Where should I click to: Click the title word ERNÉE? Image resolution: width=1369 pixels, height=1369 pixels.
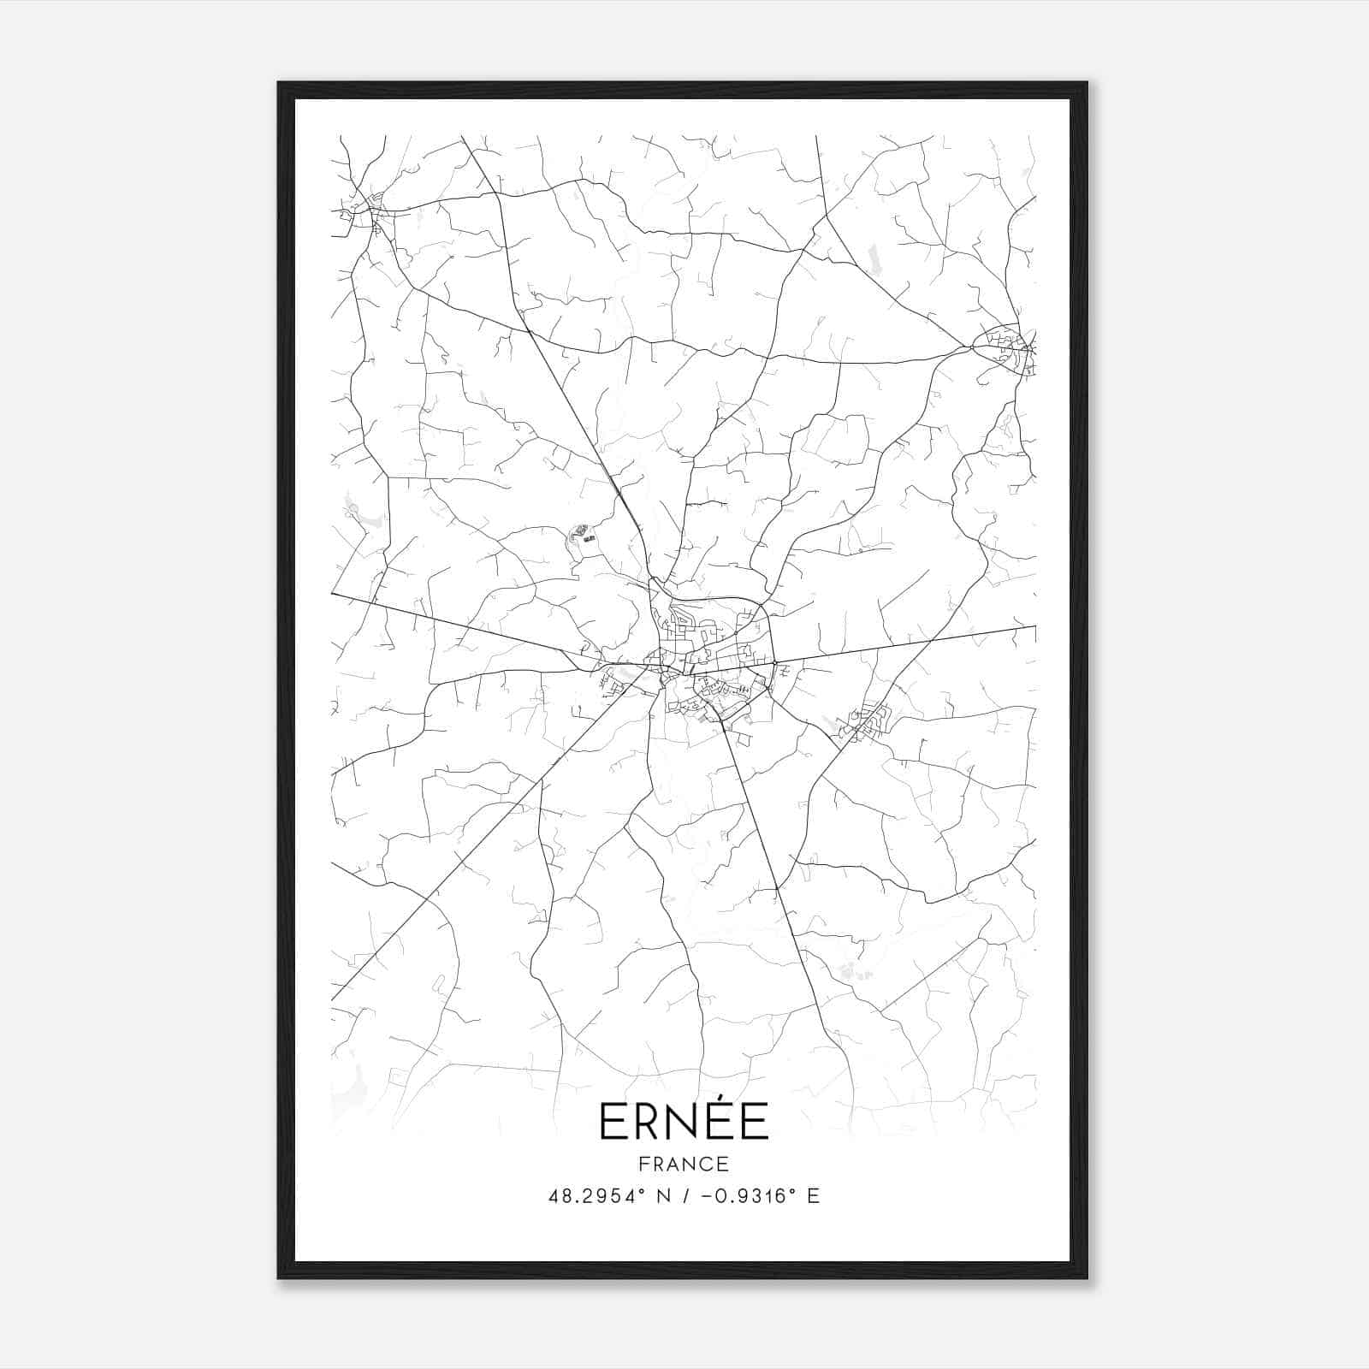(x=684, y=1121)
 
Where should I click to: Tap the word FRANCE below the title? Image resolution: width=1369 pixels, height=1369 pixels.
(x=684, y=1164)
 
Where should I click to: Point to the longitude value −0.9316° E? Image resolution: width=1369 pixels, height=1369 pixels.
(x=753, y=1196)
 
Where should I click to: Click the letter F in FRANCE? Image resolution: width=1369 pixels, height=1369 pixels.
(x=643, y=1164)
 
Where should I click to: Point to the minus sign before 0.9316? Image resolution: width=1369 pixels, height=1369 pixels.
(x=706, y=1196)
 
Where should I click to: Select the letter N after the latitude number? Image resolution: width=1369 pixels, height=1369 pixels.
(x=659, y=1196)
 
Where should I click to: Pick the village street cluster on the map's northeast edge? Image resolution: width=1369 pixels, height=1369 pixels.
(x=1008, y=349)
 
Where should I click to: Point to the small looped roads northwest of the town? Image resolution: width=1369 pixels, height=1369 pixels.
(x=583, y=537)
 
